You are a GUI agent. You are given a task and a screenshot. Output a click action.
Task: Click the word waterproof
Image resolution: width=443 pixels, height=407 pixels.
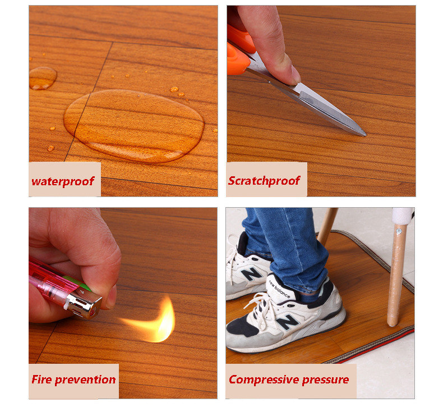63,181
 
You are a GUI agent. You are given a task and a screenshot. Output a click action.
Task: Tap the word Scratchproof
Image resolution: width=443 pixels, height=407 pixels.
264,181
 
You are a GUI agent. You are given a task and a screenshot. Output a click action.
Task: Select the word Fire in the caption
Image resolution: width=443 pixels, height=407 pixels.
41,379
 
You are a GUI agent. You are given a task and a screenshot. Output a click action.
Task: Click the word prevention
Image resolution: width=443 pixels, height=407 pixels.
85,380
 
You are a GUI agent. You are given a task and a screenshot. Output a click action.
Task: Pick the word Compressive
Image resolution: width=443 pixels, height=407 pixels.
264,379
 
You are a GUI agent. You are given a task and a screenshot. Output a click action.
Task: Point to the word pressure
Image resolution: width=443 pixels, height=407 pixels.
325,380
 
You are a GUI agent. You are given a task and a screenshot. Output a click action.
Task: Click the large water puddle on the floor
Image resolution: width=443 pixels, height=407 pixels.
134,125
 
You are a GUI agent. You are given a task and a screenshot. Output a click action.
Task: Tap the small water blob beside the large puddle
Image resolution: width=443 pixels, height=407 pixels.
43,78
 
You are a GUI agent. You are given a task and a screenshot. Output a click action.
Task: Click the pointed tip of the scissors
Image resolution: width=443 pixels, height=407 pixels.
365,135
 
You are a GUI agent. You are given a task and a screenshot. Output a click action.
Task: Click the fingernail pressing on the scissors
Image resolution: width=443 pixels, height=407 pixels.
294,75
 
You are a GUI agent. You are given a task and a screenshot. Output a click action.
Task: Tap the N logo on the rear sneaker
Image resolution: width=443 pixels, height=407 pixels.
251,273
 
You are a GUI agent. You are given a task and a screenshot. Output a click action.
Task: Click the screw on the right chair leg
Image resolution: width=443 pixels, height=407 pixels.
399,232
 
